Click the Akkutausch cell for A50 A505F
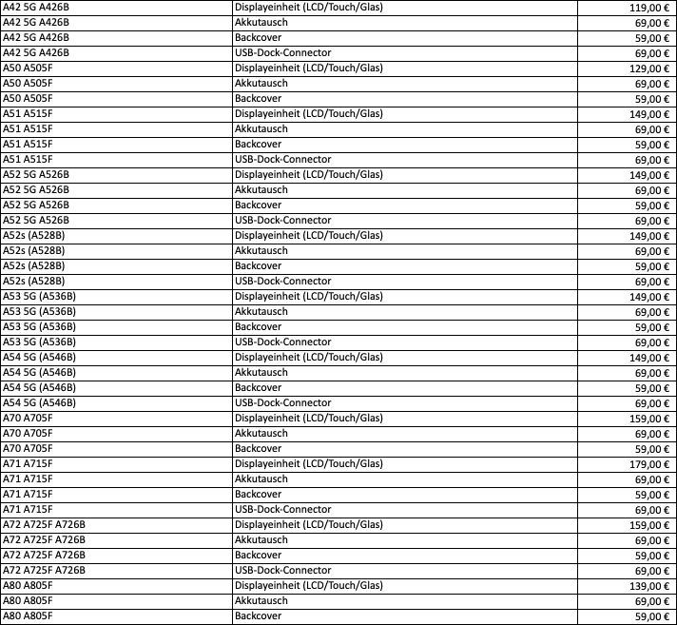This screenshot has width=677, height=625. (x=261, y=84)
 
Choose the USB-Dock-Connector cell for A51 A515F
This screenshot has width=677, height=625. (x=282, y=160)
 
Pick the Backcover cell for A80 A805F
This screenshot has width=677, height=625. (x=258, y=616)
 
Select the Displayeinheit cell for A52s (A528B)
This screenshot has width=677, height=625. (x=309, y=236)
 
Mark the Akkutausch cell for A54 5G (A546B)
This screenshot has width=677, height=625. (x=261, y=373)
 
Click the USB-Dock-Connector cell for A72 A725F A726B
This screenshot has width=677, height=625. (x=282, y=571)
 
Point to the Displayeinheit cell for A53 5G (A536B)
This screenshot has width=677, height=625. (x=309, y=297)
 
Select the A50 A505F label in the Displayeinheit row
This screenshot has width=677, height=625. (x=29, y=68)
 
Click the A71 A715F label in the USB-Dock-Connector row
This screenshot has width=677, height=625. (x=29, y=510)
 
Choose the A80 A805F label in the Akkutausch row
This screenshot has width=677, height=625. (x=29, y=601)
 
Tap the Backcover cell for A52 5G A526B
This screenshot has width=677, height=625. (x=258, y=205)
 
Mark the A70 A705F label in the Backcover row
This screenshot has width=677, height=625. (x=29, y=449)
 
